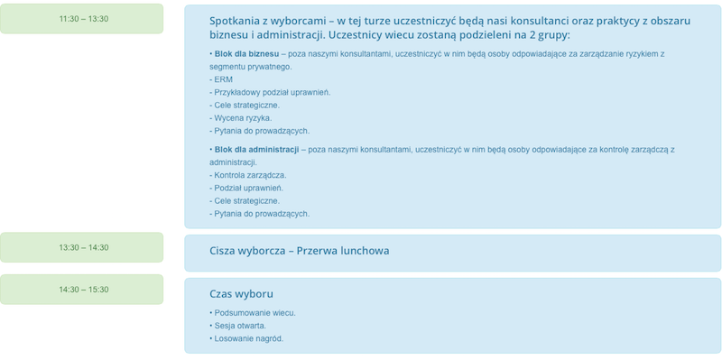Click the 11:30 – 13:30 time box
[82, 19]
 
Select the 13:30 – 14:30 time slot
[82, 247]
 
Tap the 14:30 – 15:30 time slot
[82, 290]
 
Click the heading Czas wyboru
[241, 294]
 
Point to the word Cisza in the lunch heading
[226, 251]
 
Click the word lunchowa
[360, 251]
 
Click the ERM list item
[222, 79]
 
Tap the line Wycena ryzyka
[242, 118]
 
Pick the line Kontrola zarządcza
[249, 175]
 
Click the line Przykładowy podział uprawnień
[272, 92]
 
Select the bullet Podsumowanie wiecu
[255, 313]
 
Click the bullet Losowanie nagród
[248, 338]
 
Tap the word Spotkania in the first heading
[237, 20]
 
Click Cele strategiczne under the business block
[245, 105]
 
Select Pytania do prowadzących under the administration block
[261, 214]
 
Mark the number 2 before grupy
[531, 35]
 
